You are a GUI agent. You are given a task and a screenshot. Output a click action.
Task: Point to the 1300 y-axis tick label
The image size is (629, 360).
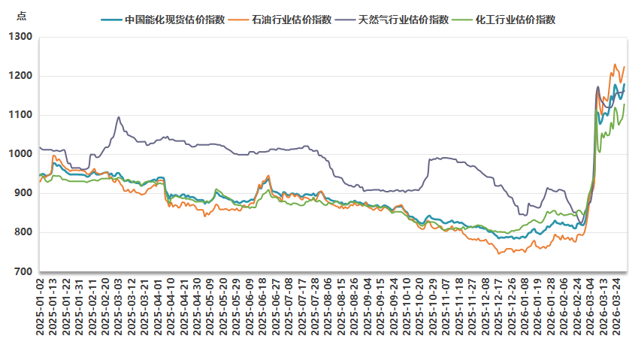(21, 37)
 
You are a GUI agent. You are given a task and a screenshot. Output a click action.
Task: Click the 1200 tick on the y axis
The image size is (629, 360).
(21, 76)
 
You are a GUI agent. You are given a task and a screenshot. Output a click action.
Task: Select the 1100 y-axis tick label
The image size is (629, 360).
(21, 115)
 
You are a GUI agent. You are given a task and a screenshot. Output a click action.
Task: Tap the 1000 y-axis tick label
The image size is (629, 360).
(21, 154)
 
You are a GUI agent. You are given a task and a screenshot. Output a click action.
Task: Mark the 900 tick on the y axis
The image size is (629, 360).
(23, 193)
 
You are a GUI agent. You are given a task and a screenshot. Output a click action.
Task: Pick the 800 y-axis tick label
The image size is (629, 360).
(23, 232)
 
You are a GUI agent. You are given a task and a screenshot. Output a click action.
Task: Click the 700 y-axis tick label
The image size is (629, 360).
(23, 271)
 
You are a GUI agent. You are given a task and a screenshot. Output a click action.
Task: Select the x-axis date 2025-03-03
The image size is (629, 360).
(119, 308)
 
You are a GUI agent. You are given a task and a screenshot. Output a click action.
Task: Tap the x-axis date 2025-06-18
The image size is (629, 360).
(262, 308)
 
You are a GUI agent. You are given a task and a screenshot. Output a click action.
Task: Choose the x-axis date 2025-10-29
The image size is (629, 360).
(432, 308)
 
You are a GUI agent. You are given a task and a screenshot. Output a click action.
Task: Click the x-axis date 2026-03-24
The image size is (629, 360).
(615, 308)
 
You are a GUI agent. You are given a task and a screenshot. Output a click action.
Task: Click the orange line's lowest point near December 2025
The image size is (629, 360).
(497, 254)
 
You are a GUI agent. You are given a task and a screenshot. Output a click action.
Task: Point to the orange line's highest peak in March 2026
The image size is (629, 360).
(615, 64)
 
